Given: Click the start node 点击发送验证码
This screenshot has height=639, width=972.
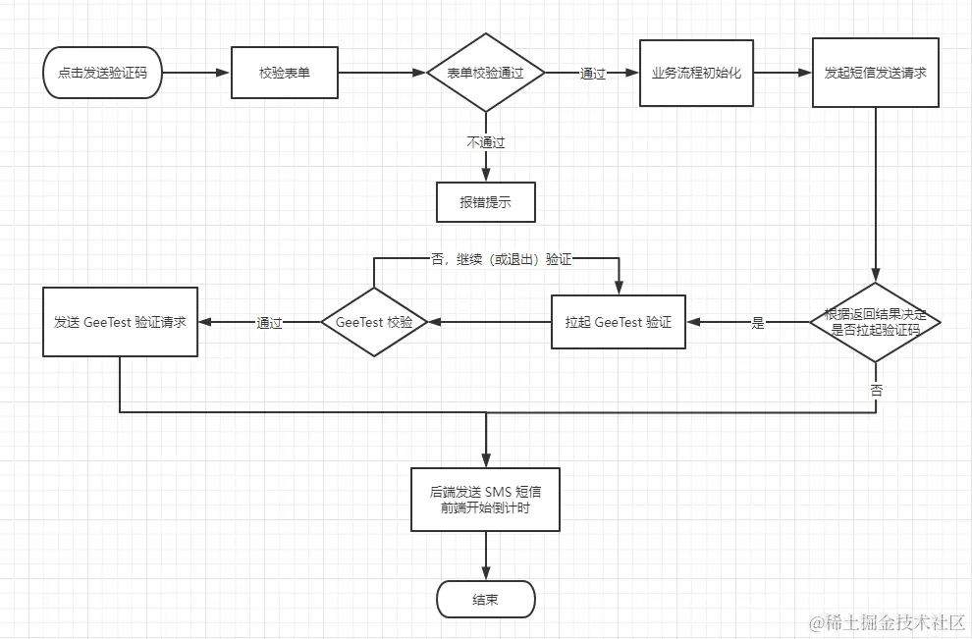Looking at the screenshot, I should coord(103,73).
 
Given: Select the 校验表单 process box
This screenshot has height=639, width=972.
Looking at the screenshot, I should coord(285,73).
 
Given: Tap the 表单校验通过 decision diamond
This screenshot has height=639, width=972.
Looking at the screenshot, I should coord(485,73).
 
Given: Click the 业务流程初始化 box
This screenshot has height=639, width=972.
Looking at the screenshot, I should coord(696,73).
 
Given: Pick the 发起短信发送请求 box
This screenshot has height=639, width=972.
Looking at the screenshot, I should coord(876,73).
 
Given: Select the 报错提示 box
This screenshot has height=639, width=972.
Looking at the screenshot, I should coord(485,203).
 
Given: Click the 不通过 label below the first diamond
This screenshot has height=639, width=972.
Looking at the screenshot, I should coord(485,142).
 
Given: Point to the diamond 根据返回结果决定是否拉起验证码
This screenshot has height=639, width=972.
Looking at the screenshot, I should coord(875,322).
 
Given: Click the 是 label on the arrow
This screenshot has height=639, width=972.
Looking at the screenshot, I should coord(757,322).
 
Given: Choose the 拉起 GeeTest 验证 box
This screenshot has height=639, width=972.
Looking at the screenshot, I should coord(618,322).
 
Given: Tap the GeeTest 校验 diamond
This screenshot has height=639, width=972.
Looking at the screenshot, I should coord(373,322).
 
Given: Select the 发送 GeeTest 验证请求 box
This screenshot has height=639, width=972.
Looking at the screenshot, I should coord(120,322).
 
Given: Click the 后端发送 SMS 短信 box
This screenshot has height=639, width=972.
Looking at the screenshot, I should coord(485,500).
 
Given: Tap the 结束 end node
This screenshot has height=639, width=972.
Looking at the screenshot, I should coord(485,599).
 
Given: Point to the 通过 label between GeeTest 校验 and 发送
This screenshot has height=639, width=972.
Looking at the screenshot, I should coord(269,322).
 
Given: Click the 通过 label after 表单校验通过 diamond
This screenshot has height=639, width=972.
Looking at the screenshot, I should coord(592,73).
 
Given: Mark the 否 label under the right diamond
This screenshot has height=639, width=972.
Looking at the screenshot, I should coord(876,390).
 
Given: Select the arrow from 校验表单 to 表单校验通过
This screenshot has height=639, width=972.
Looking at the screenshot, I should coord(382,73).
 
